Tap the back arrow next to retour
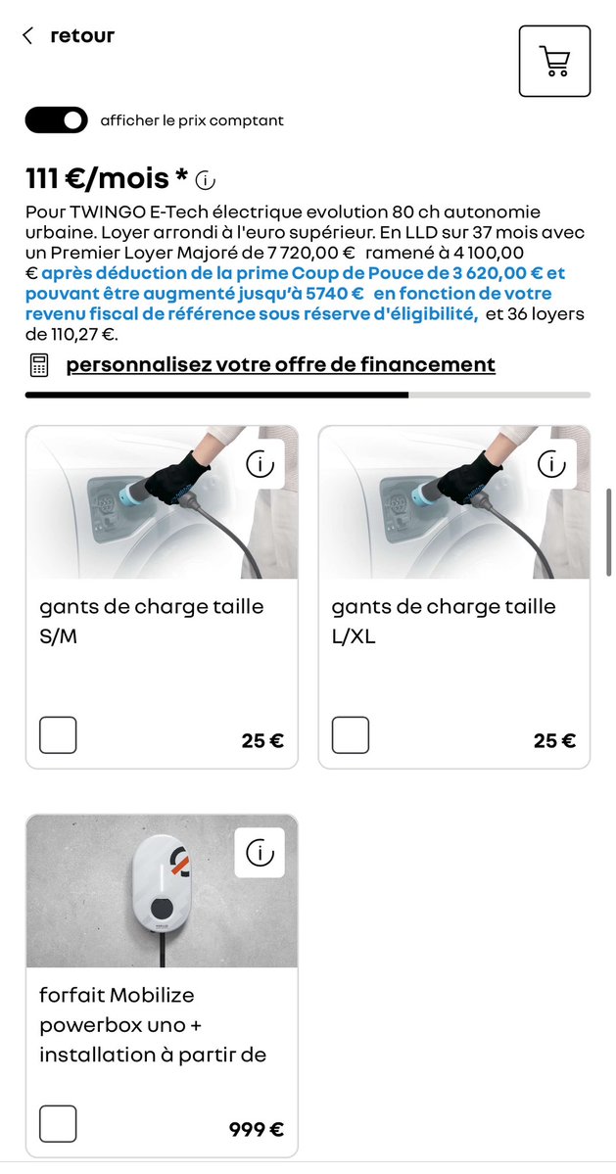(27, 36)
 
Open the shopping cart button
(554, 61)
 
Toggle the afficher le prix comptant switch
(56, 120)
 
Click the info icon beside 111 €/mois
(206, 180)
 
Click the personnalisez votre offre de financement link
(280, 365)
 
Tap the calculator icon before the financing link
(39, 365)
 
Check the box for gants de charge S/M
(58, 734)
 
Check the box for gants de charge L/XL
(351, 734)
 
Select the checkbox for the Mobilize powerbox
(58, 1123)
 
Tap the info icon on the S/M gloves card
(260, 464)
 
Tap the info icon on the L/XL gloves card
(552, 464)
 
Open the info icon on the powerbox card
(260, 853)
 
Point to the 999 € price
(257, 1130)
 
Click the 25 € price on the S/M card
(262, 741)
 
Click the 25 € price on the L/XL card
(554, 741)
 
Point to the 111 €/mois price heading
(107, 178)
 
